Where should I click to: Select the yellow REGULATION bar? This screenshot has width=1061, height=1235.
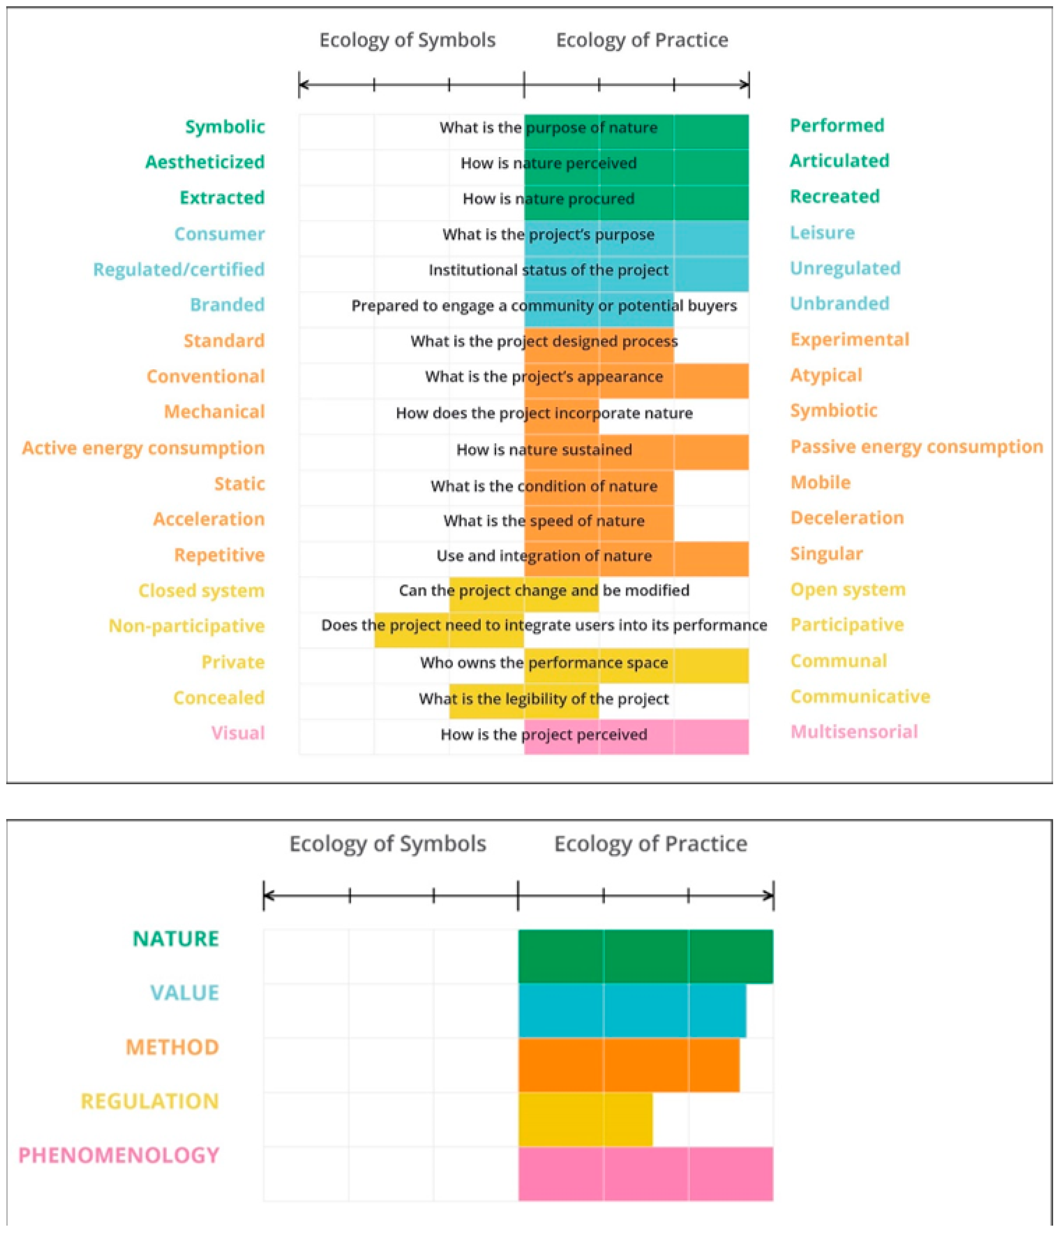tap(585, 1119)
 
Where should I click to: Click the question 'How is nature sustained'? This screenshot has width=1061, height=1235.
tap(544, 449)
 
